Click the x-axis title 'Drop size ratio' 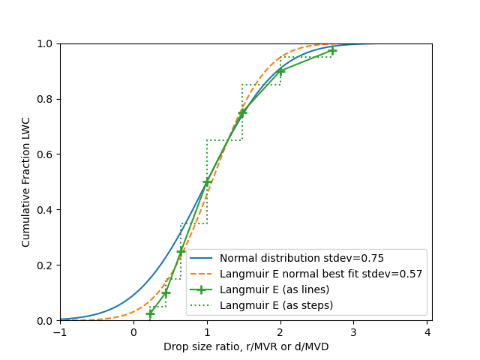tap(246, 346)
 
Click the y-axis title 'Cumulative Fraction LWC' tap(26, 182)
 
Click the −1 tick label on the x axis tap(60, 331)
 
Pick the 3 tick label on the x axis tap(354, 331)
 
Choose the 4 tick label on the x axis tap(427, 331)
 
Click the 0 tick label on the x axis tap(133, 331)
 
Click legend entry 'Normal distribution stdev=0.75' tap(301, 258)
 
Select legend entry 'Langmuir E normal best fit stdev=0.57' tap(321, 274)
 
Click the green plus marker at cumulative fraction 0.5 tap(207, 182)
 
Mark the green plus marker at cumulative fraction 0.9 tap(280, 71)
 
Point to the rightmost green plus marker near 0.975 tap(332, 50)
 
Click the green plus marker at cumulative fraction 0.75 tap(242, 112)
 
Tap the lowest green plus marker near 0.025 tap(150, 313)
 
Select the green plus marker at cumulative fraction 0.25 tap(181, 251)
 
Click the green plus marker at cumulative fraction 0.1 tap(166, 292)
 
